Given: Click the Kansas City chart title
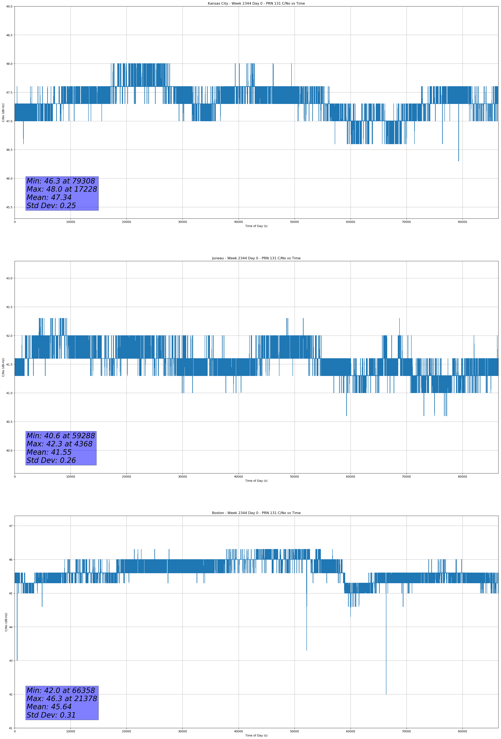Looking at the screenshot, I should point(256,4).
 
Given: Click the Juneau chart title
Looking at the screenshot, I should point(256,258).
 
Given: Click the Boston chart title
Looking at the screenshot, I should point(256,513).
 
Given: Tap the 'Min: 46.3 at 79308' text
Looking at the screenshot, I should point(61,181).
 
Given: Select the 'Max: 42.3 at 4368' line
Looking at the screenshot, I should point(60,444).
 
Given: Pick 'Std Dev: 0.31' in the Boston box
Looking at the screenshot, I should point(51,715).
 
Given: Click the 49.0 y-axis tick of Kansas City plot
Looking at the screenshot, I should point(9,6).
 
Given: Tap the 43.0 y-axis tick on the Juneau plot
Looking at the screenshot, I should point(9,278).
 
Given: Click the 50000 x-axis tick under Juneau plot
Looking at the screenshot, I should point(294,477).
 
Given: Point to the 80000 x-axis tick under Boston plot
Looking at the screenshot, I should point(462,731).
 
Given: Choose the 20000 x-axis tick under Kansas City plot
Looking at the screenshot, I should point(126,222).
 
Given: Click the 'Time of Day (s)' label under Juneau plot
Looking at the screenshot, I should point(256,481).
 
